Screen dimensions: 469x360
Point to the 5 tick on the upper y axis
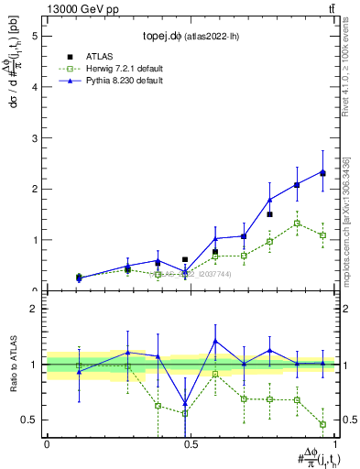37,36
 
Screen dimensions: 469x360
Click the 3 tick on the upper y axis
37,137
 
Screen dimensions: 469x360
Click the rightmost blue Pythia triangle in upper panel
322,171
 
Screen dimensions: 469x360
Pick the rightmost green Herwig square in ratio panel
322,424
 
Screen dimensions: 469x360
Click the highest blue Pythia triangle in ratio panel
215,341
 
